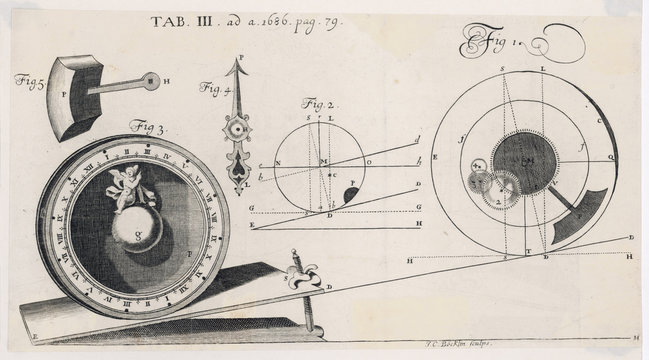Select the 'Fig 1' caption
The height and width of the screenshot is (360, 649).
pyautogui.click(x=488, y=45)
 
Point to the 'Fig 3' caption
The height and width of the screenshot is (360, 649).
pyautogui.click(x=148, y=127)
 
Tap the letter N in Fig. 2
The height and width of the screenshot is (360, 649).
pyautogui.click(x=277, y=162)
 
